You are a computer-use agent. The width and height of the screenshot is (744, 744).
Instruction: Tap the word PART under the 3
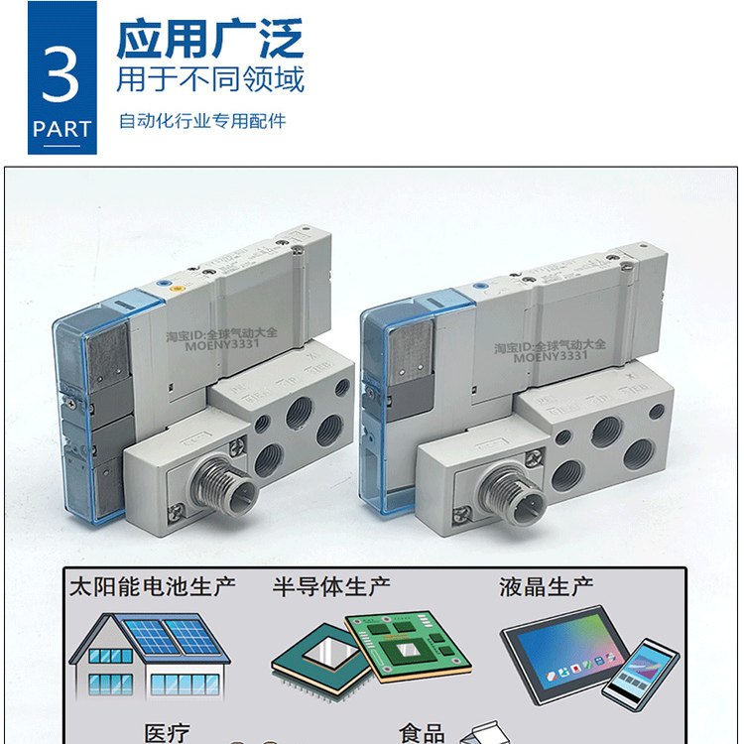pos(62,129)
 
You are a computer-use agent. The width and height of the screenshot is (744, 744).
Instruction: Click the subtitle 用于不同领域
pos(210,78)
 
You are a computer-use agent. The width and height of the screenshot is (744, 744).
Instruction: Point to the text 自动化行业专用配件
pos(202,121)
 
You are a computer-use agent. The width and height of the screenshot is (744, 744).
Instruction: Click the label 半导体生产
pos(331,585)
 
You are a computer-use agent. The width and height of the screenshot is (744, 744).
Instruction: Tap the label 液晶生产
pos(539,585)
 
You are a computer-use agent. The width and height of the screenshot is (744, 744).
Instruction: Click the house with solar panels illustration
pos(148,655)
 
